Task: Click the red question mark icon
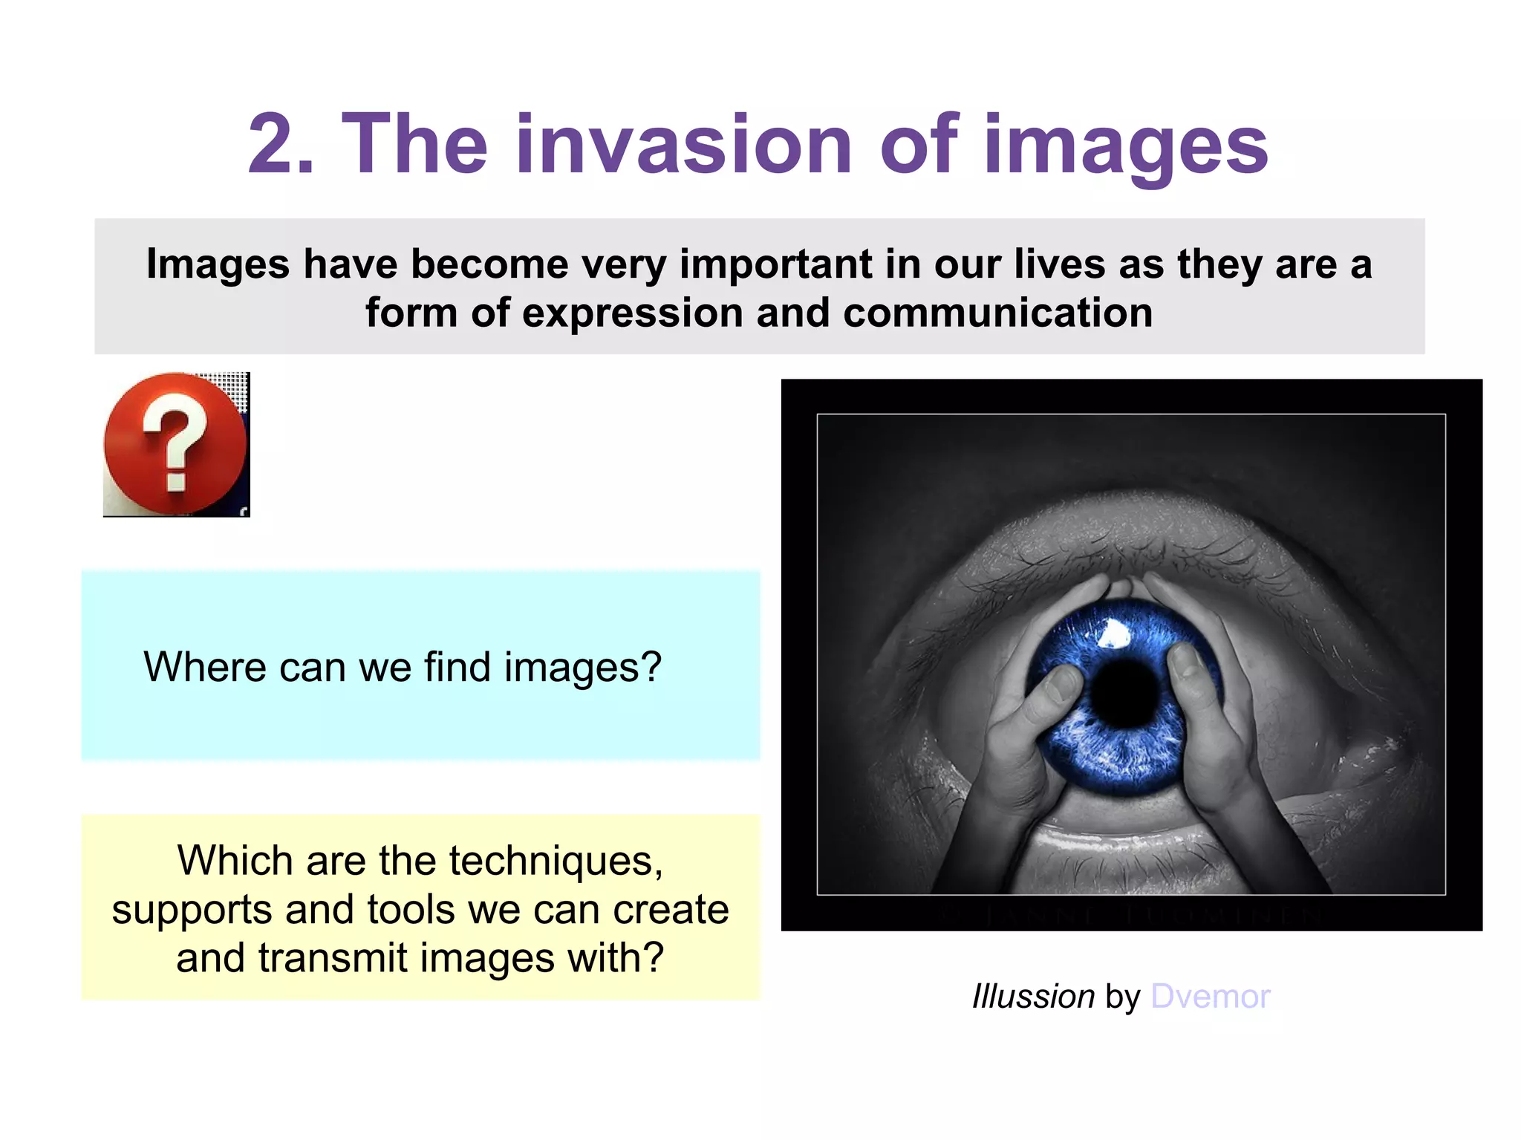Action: coord(175,444)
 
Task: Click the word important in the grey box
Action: coord(775,264)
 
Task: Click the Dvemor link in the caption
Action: coord(1210,997)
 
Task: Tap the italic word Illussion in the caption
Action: coord(1033,997)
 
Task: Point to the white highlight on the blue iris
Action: coord(1113,633)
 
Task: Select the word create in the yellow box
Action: coord(671,910)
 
